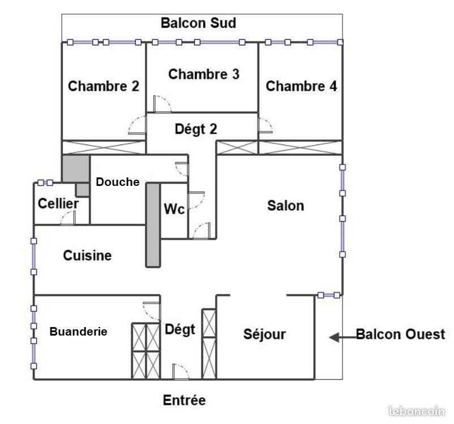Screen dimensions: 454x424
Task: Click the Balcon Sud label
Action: pyautogui.click(x=198, y=23)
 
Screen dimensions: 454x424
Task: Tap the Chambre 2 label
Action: pyautogui.click(x=104, y=86)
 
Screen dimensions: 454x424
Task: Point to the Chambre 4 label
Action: pyautogui.click(x=301, y=86)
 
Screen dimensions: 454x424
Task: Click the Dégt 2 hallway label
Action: pyautogui.click(x=195, y=129)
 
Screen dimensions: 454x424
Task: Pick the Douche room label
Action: pyautogui.click(x=117, y=182)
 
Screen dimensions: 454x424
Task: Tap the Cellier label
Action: pyautogui.click(x=58, y=203)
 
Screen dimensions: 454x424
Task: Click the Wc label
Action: pyautogui.click(x=174, y=209)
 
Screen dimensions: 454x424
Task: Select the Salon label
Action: pyautogui.click(x=285, y=205)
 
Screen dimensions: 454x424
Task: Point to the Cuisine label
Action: pyautogui.click(x=87, y=256)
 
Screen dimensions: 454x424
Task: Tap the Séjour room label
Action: pyautogui.click(x=264, y=334)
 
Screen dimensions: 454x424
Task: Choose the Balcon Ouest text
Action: pyautogui.click(x=400, y=334)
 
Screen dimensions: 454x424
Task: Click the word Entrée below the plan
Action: pyautogui.click(x=184, y=400)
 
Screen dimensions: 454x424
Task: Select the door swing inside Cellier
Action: pyautogui.click(x=69, y=218)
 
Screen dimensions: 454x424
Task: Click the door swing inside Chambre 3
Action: pyautogui.click(x=162, y=104)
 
